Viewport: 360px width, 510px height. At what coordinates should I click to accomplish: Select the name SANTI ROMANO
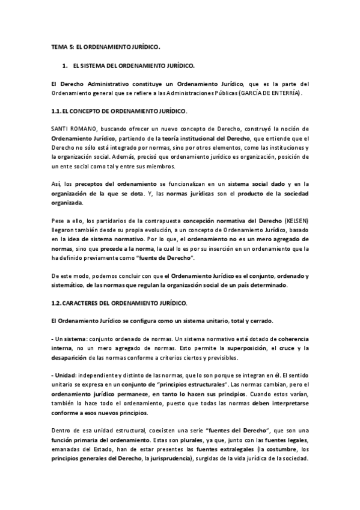(x=70, y=129)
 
